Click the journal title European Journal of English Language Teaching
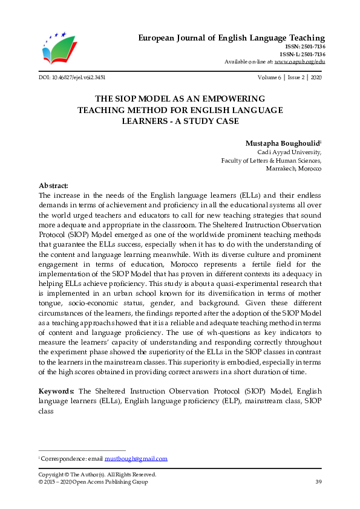pos(232,38)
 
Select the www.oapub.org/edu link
pos(299,62)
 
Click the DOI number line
pos(71,78)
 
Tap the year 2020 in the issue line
pos(315,78)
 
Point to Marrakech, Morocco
pos(293,169)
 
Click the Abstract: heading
pos(53,186)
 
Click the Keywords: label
pos(57,392)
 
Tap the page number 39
pos(318,482)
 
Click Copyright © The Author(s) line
pos(97,475)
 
